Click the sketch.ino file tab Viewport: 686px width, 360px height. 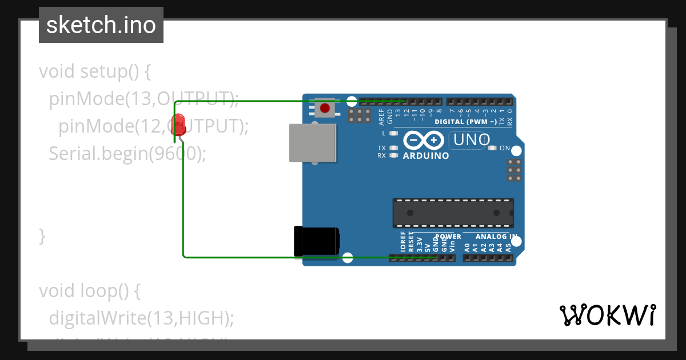tap(101, 25)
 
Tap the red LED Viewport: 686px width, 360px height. tap(178, 123)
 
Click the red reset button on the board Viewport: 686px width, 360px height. tap(325, 107)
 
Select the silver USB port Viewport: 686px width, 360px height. tap(312, 143)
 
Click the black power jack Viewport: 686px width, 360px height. tap(316, 241)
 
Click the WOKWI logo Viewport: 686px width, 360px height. tap(607, 315)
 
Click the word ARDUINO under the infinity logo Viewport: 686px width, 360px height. tap(426, 155)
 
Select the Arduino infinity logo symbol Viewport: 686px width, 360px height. tap(423, 140)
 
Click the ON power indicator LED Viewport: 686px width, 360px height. tap(492, 148)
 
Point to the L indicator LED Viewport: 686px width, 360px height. tap(393, 133)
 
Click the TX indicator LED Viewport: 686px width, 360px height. tap(393, 148)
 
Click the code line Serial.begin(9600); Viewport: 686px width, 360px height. tap(127, 153)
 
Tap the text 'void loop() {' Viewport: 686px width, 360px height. tap(90, 291)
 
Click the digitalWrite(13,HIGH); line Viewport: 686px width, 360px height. tap(142, 318)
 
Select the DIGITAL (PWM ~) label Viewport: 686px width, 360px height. tap(465, 122)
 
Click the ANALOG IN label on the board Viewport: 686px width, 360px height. tap(497, 237)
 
